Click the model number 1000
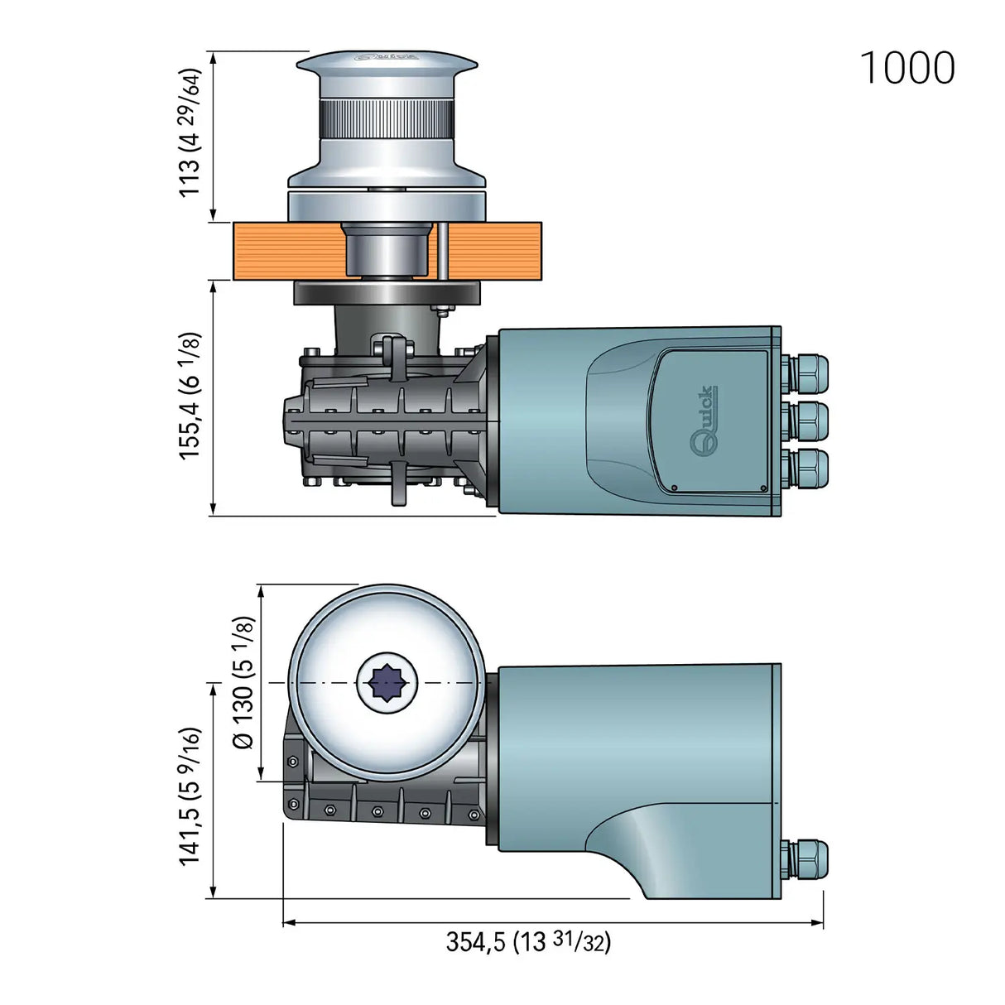tap(907, 68)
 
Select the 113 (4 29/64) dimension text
tap(190, 132)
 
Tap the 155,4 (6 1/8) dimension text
tap(190, 396)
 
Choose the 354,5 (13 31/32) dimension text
tap(528, 941)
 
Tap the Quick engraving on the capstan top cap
tap(386, 58)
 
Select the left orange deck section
tap(286, 252)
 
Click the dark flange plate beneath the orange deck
tap(387, 292)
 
